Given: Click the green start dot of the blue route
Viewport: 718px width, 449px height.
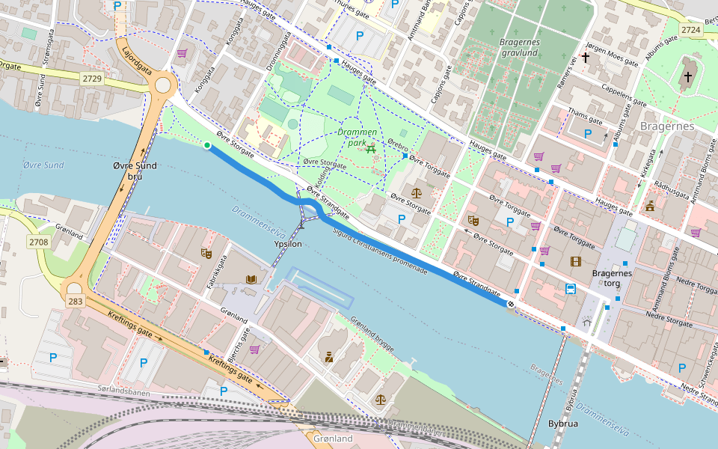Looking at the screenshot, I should (x=207, y=145).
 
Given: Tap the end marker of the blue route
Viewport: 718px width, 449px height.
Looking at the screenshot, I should (x=511, y=304).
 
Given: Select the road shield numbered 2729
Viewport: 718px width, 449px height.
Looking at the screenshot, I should (x=93, y=79).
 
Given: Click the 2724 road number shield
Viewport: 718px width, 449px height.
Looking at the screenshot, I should (x=691, y=29).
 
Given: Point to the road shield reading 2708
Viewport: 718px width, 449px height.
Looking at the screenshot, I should (x=38, y=242).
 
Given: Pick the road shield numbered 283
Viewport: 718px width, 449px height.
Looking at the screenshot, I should (x=76, y=301).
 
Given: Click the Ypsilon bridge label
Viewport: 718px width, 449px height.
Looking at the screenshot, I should (x=288, y=244).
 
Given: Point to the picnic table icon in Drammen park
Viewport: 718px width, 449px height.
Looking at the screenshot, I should (x=372, y=149).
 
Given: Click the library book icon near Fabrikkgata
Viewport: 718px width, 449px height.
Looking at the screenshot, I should (x=251, y=279).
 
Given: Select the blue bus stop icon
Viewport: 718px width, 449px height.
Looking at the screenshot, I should (x=571, y=289).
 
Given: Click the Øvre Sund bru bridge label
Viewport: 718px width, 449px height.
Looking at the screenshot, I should (x=135, y=171).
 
